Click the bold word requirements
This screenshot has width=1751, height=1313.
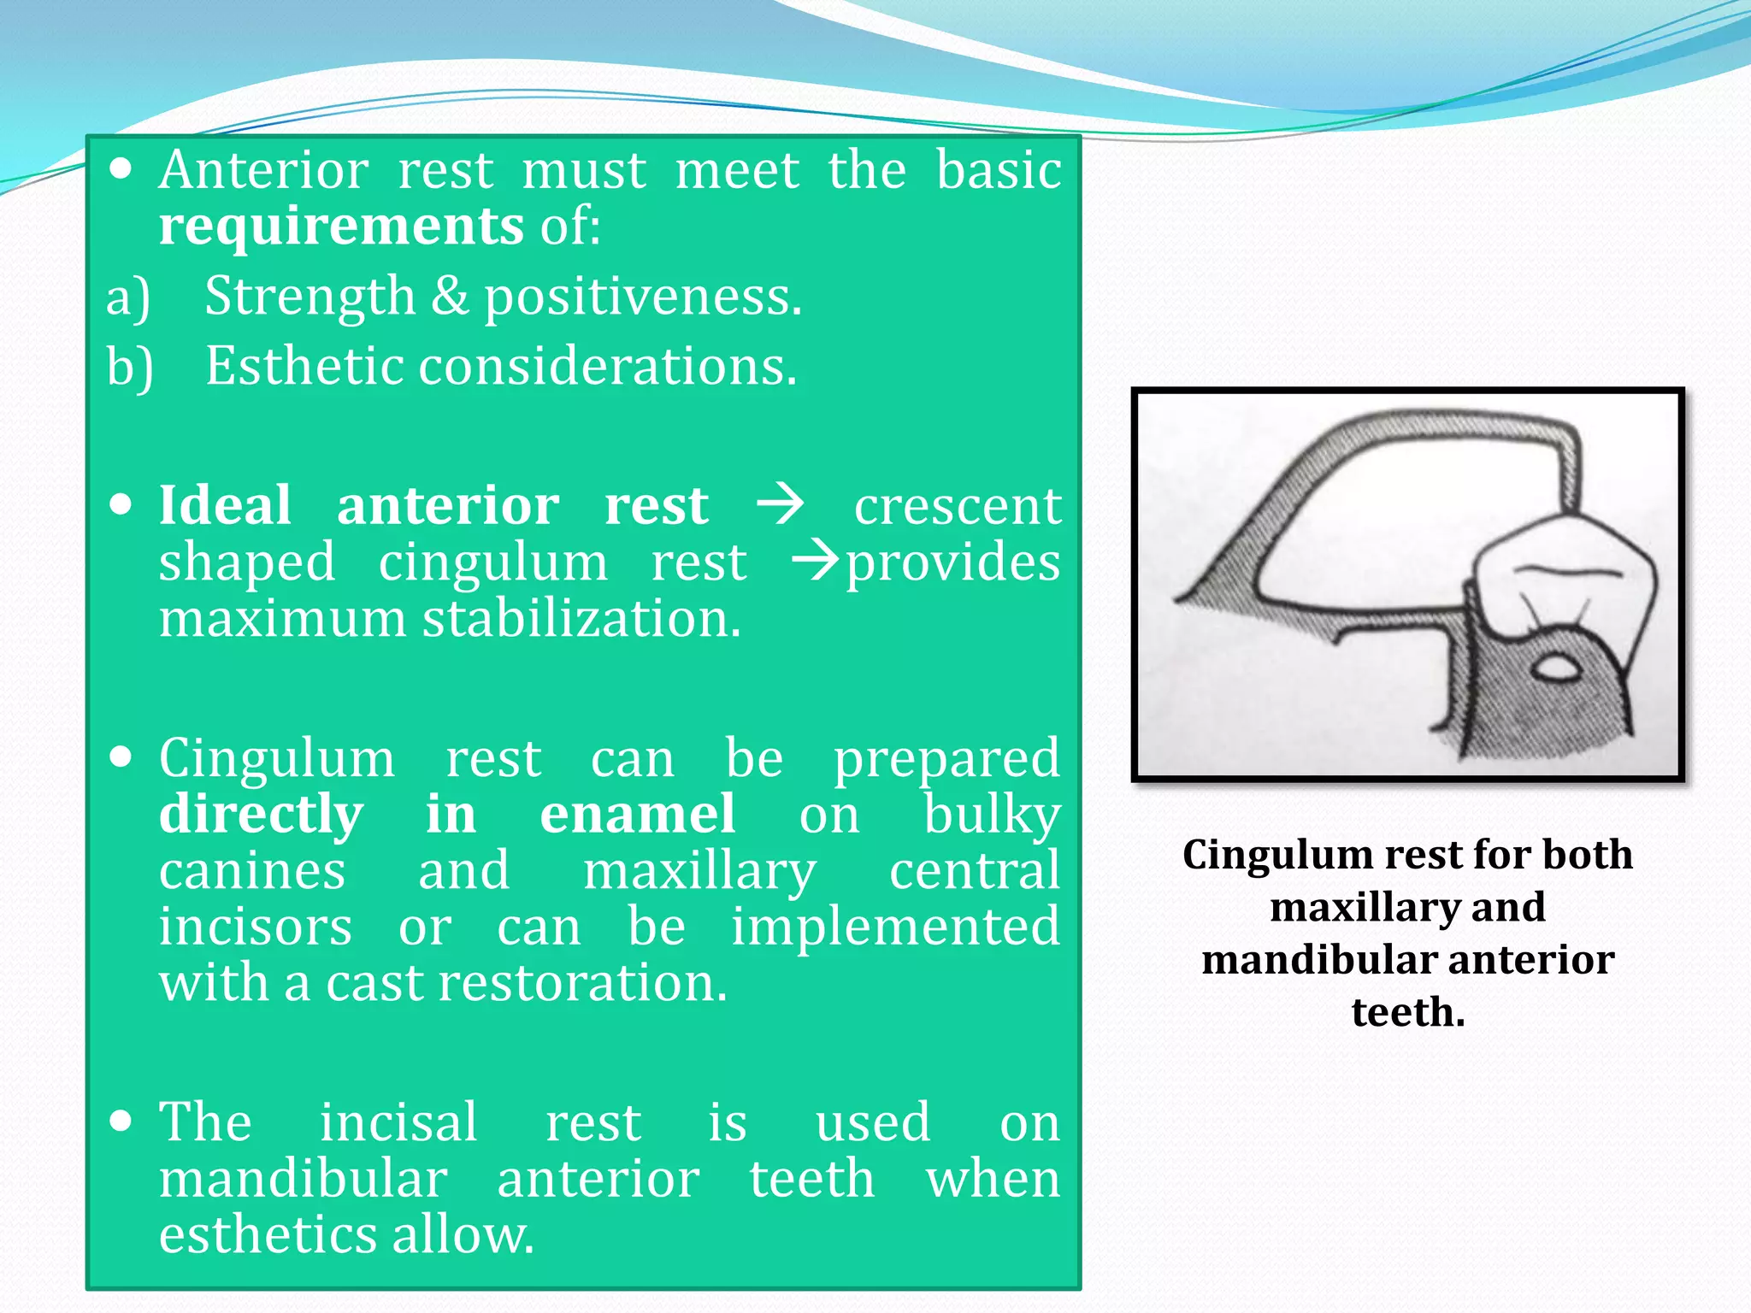coord(340,227)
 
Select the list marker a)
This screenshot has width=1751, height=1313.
coord(128,297)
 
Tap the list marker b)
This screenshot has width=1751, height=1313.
coord(130,368)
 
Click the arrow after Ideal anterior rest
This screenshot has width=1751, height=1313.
coord(780,503)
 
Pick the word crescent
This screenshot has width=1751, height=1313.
coord(958,505)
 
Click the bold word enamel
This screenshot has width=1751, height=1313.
coord(637,814)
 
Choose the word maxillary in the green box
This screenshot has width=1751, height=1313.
coord(699,871)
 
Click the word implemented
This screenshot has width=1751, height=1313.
coord(895,927)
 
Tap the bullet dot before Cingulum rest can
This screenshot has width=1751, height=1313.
coord(121,757)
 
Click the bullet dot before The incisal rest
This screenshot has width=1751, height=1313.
coord(121,1121)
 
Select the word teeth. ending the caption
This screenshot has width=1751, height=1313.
coord(1407,1012)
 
